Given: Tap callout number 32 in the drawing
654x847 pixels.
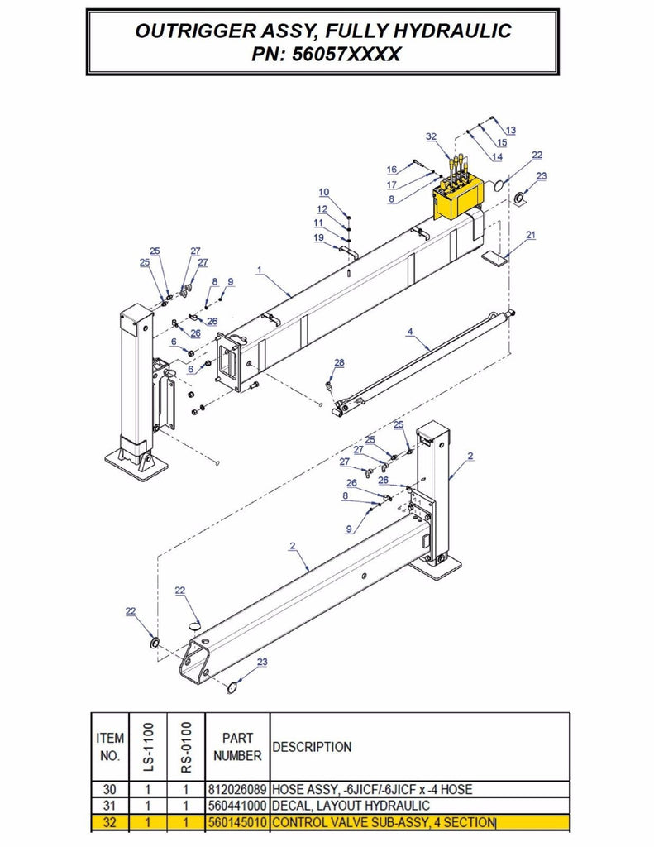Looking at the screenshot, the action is click(431, 136).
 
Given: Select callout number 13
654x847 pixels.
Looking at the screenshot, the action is click(510, 130).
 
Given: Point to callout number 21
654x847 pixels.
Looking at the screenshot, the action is click(531, 235).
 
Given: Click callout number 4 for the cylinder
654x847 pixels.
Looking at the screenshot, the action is click(410, 331).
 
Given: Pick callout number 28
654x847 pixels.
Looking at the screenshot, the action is click(339, 363).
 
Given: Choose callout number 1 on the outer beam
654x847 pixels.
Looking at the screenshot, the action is click(260, 270).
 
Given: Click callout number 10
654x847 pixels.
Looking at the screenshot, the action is click(324, 192).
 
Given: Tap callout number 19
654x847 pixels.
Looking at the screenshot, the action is click(318, 237).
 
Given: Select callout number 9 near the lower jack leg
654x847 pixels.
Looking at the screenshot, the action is click(349, 529).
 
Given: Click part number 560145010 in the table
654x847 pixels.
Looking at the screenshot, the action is click(237, 823).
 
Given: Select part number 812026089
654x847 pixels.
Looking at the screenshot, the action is click(237, 789).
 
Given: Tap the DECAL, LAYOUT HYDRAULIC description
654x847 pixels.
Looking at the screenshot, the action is click(351, 806).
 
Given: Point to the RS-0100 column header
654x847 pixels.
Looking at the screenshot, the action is click(186, 747).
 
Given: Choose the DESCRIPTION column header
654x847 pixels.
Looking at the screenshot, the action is click(313, 747).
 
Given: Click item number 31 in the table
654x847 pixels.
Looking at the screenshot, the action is click(110, 806).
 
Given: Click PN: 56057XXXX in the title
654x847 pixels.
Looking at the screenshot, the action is click(326, 54).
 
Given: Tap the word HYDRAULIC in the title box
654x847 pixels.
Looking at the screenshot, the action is click(451, 31).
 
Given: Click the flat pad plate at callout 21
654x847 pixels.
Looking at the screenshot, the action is click(494, 258).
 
